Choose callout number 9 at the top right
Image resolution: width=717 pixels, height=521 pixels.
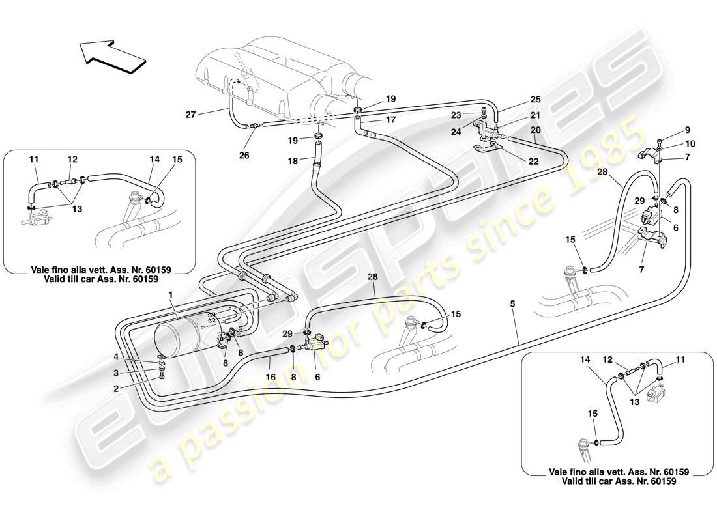coord(670,129)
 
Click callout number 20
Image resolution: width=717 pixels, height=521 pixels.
coord(534,130)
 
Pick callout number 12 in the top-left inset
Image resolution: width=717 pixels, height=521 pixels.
coord(72,158)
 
